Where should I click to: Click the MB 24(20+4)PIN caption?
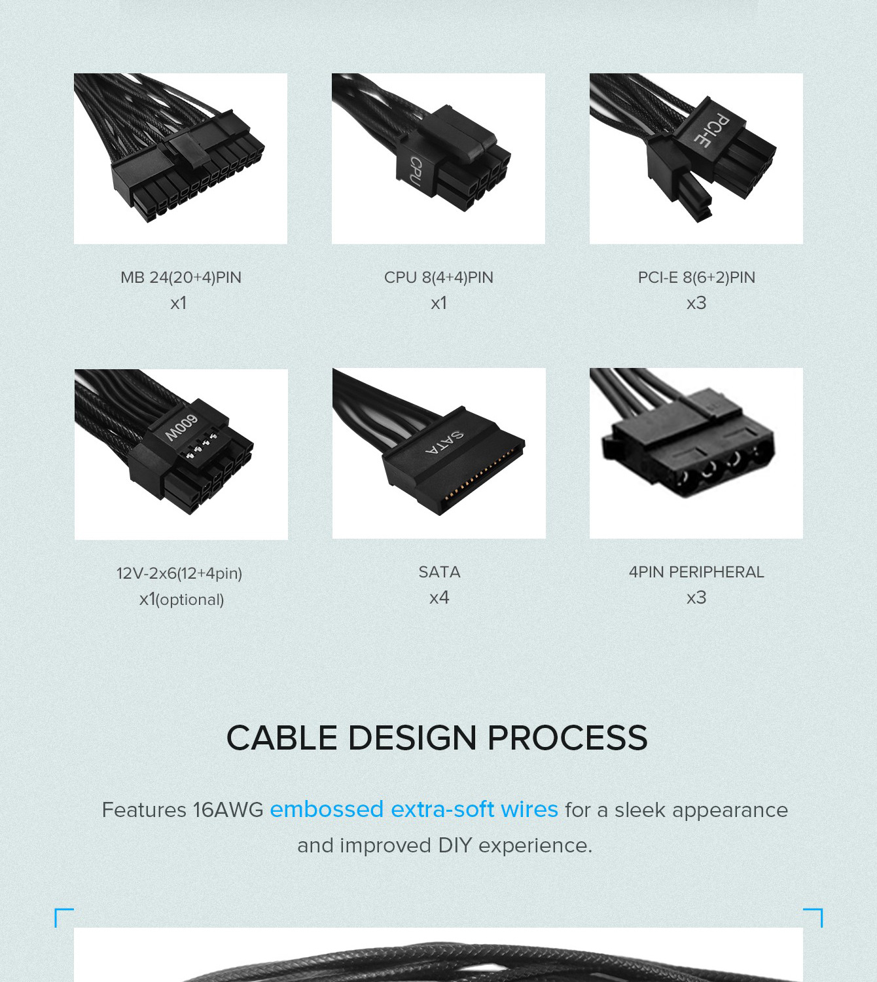(x=181, y=278)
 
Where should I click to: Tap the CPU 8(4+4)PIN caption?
(x=438, y=278)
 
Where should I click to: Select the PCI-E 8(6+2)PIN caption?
(x=696, y=278)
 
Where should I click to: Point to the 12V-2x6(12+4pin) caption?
(x=179, y=573)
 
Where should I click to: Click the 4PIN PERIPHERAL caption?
(x=696, y=572)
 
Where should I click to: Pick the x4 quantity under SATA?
(x=439, y=598)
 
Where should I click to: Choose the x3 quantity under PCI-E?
(x=696, y=303)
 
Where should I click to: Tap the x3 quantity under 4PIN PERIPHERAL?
(x=696, y=598)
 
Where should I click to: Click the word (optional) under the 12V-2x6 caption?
(x=190, y=600)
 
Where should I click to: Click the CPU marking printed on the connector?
(x=415, y=171)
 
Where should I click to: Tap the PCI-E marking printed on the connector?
(x=711, y=130)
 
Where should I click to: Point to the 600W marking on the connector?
(x=181, y=427)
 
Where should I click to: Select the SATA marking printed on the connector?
(x=444, y=443)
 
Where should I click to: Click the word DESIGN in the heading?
(x=412, y=738)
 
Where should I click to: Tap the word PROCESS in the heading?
(x=567, y=738)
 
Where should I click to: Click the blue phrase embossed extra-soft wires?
(x=414, y=810)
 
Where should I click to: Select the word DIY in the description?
(x=455, y=846)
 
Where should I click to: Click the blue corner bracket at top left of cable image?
(x=63, y=917)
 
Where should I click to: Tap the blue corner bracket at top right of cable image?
(x=814, y=917)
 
